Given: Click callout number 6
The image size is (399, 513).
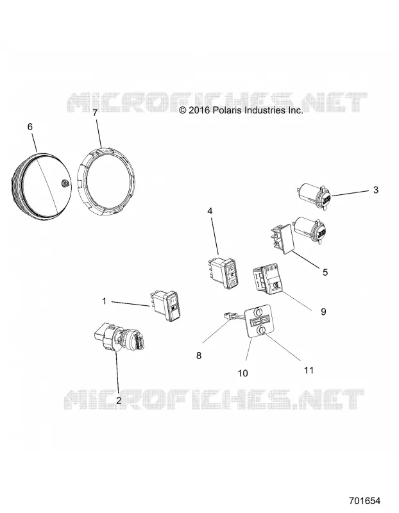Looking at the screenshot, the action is click(x=30, y=126).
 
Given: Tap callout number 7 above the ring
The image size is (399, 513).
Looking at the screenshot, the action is click(x=95, y=113).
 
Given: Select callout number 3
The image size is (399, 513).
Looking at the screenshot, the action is click(x=376, y=190).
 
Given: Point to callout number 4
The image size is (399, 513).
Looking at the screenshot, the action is click(x=210, y=211).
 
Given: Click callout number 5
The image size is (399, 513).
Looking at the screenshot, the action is click(x=325, y=272).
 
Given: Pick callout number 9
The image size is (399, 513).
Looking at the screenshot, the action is click(x=323, y=312).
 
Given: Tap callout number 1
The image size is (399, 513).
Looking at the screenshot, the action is click(x=105, y=301).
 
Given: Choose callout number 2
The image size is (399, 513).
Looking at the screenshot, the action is click(x=119, y=400).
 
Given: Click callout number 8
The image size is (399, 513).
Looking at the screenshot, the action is click(x=199, y=355).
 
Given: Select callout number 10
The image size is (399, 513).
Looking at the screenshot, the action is click(x=243, y=373).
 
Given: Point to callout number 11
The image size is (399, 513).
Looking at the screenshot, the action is click(x=309, y=371).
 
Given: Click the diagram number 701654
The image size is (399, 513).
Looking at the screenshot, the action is click(x=364, y=501).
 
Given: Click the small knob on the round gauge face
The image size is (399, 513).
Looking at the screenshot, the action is click(x=65, y=183).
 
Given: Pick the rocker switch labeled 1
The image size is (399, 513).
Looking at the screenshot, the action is click(x=166, y=305).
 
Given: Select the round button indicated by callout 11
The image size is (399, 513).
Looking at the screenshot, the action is click(x=260, y=331).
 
